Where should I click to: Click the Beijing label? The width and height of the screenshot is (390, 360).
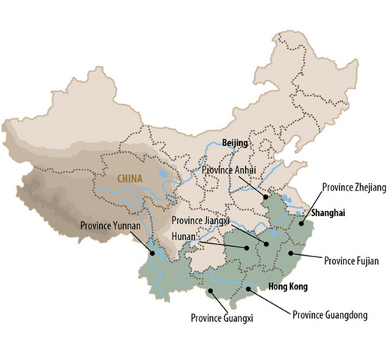(235, 142)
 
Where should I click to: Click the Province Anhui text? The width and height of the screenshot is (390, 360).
(229, 170)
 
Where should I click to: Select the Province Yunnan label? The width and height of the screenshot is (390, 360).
(112, 223)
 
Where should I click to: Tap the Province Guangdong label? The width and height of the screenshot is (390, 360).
(329, 314)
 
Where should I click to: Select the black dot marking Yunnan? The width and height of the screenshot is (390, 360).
(153, 253)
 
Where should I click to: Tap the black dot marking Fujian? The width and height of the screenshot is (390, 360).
(289, 254)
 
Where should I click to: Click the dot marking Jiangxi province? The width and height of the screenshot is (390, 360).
(265, 244)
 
